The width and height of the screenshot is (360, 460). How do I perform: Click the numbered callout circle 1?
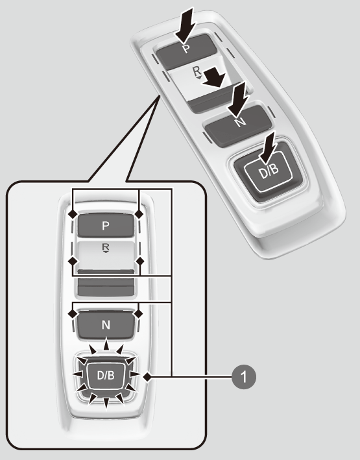(244, 377)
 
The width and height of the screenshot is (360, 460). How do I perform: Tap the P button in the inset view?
(106, 225)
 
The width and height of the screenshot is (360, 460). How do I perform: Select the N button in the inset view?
(106, 325)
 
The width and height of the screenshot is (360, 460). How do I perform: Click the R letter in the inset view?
(105, 247)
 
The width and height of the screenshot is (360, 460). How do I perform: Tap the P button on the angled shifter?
(186, 51)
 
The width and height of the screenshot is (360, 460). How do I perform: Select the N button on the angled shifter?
(238, 125)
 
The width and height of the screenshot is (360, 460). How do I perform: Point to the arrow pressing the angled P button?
(186, 26)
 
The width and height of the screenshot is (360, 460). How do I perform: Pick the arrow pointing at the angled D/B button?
(268, 147)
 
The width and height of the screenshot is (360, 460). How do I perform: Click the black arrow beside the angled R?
(214, 77)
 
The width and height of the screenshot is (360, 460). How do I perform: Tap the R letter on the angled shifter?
(197, 71)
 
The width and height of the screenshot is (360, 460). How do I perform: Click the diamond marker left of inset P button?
(73, 214)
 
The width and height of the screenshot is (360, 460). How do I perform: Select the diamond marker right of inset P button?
(139, 214)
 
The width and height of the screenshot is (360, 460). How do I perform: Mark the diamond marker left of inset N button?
(73, 313)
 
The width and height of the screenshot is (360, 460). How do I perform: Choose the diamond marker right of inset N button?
(138, 313)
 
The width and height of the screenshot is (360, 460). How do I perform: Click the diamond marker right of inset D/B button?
(148, 377)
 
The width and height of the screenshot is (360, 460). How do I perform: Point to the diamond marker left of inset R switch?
(73, 261)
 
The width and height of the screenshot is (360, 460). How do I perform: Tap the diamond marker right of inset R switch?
(140, 261)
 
